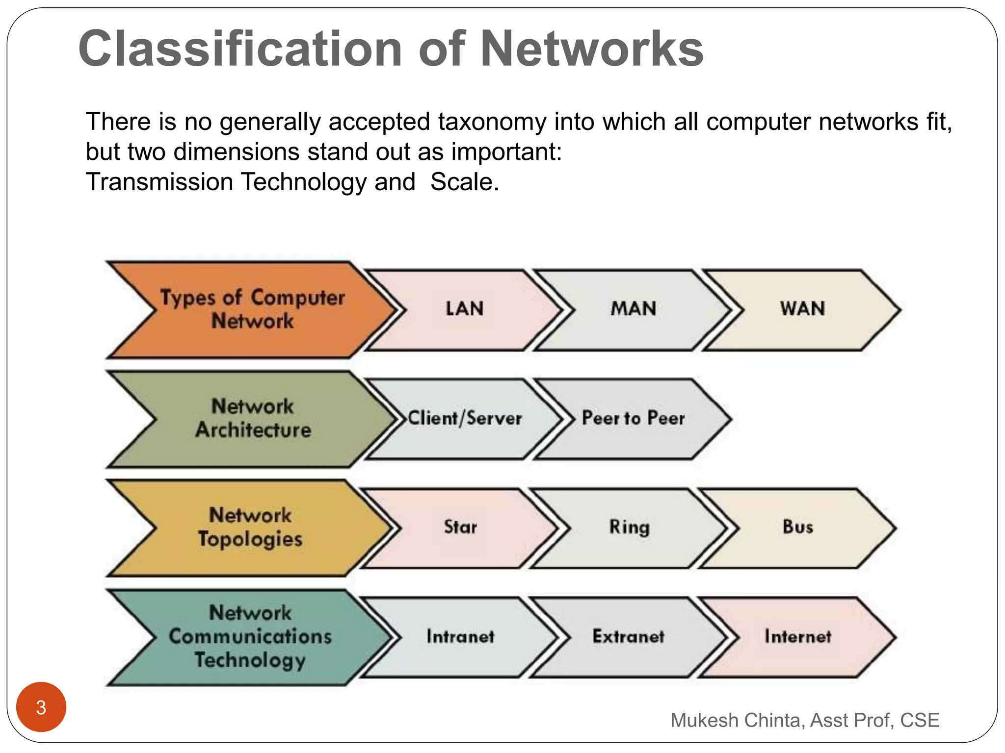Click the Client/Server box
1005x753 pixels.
(x=465, y=419)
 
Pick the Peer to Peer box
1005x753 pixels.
(x=633, y=419)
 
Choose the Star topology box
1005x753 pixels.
(x=460, y=527)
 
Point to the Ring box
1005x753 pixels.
(x=629, y=527)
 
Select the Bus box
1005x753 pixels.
(x=798, y=527)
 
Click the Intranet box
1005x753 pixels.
(x=460, y=637)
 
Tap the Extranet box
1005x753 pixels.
(x=629, y=637)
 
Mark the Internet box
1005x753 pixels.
(x=798, y=637)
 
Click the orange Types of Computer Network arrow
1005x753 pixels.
(x=252, y=309)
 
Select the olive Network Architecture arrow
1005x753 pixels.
(x=253, y=419)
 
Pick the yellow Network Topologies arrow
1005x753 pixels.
(x=250, y=527)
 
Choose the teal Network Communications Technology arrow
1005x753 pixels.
(x=250, y=637)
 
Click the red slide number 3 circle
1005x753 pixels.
(x=41, y=707)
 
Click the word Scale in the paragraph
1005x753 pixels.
(x=464, y=182)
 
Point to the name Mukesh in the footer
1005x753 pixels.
(x=704, y=720)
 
